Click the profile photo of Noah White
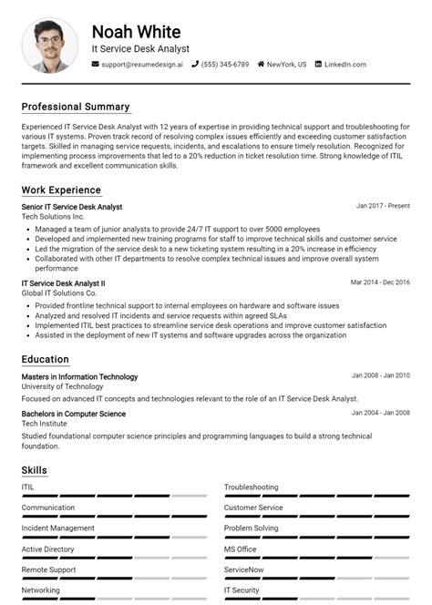pyautogui.click(x=50, y=45)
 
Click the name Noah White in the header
pyautogui.click(x=136, y=32)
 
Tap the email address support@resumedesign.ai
pyautogui.click(x=141, y=65)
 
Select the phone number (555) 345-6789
pyautogui.click(x=224, y=65)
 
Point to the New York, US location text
pyautogui.click(x=286, y=65)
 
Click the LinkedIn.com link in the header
pyautogui.click(x=345, y=65)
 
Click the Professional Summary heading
pyautogui.click(x=76, y=107)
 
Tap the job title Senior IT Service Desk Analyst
pyautogui.click(x=72, y=207)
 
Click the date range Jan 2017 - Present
pyautogui.click(x=383, y=207)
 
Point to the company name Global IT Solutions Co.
pyautogui.click(x=59, y=293)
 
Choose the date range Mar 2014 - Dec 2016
pyautogui.click(x=380, y=282)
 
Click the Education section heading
pyautogui.click(x=46, y=360)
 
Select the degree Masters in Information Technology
pyautogui.click(x=80, y=376)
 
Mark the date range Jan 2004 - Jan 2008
pyautogui.click(x=381, y=414)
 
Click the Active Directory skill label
pyautogui.click(x=48, y=549)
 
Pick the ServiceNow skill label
pyautogui.click(x=243, y=569)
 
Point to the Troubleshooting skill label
pyautogui.click(x=252, y=487)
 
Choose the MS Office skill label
pyautogui.click(x=241, y=549)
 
